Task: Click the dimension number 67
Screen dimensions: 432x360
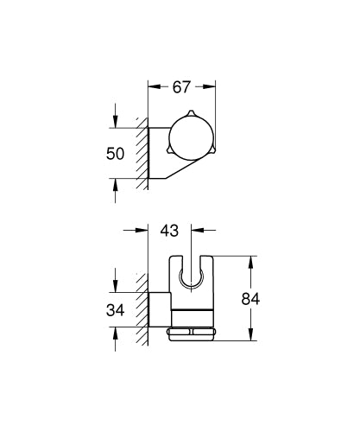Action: [181, 86]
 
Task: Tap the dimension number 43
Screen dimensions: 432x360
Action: [171, 232]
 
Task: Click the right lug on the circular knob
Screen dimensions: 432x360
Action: [214, 154]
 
